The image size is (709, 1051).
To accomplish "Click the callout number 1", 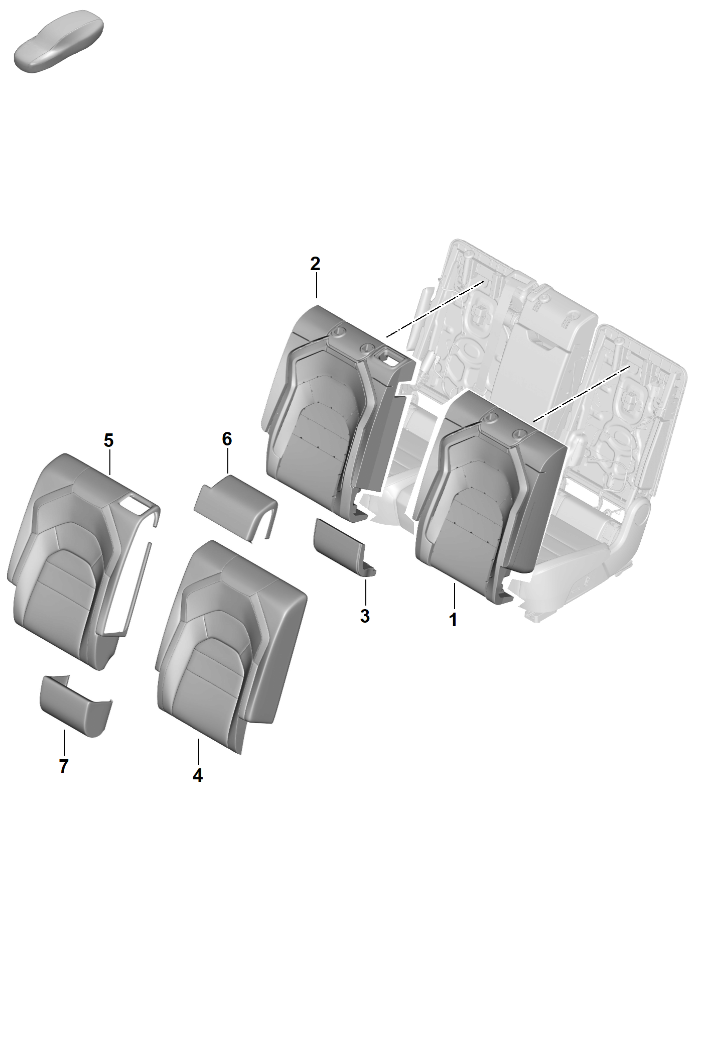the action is [x=453, y=620].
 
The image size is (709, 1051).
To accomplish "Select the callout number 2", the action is [x=315, y=264].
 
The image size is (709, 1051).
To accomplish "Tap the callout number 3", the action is [x=365, y=616].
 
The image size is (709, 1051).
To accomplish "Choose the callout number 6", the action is [x=227, y=439].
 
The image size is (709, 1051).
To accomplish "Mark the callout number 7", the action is [x=63, y=766].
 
